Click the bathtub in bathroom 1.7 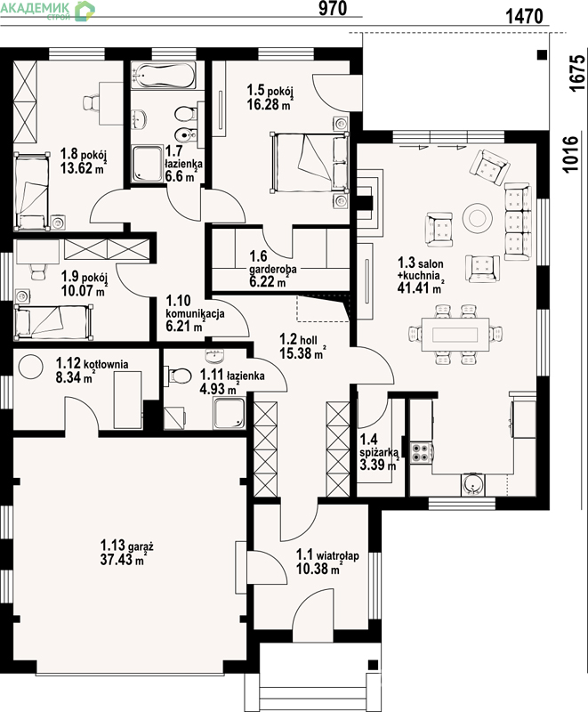[x=164, y=75]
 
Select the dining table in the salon [x=455, y=335]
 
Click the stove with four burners [x=421, y=453]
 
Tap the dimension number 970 [x=333, y=8]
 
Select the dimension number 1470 [x=524, y=16]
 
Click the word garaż [x=141, y=546]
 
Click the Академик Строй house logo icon [x=85, y=11]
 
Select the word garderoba [x=273, y=269]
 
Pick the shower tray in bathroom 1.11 [x=230, y=413]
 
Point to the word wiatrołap [x=337, y=555]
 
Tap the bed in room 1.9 [x=54, y=322]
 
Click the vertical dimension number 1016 [x=571, y=153]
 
